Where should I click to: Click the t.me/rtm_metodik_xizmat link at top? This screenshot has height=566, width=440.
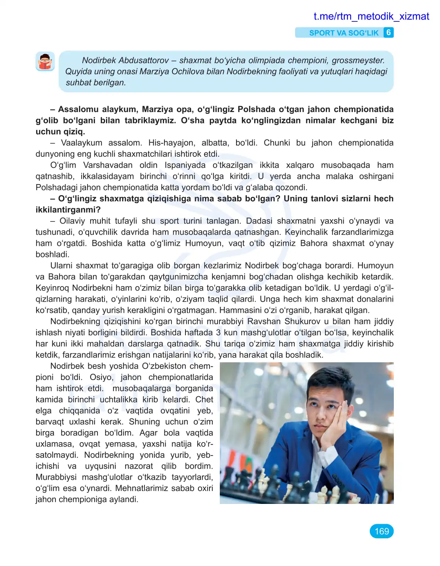[x=371, y=16]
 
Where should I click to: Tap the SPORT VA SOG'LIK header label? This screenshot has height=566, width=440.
[x=344, y=33]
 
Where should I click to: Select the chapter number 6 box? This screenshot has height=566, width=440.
[x=388, y=33]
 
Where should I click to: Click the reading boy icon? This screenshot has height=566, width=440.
[x=45, y=61]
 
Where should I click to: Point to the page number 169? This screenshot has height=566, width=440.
[x=381, y=531]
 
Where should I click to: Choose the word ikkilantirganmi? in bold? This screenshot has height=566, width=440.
[x=68, y=210]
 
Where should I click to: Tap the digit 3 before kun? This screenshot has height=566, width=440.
[x=218, y=333]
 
